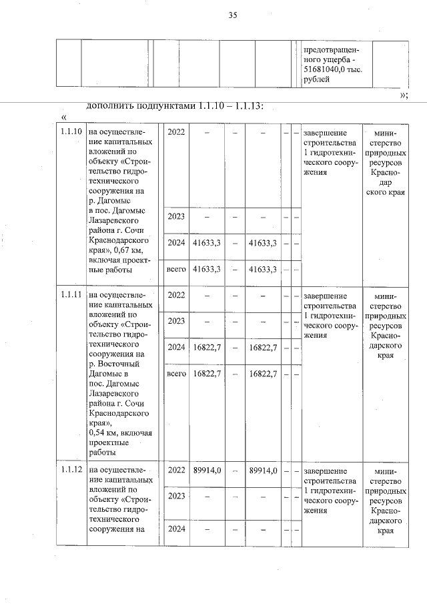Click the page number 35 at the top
click(x=233, y=15)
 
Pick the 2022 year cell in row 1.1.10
click(x=176, y=131)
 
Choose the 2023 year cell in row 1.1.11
click(x=176, y=320)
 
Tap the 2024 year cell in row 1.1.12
click(x=176, y=531)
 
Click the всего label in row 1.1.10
click(x=176, y=270)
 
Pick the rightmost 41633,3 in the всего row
click(x=262, y=270)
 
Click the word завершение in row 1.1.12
click(x=325, y=470)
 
